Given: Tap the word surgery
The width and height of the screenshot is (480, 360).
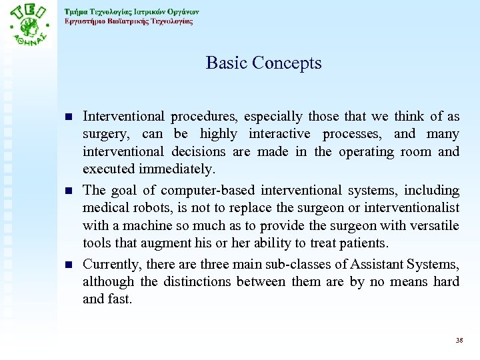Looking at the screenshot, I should coord(103,135).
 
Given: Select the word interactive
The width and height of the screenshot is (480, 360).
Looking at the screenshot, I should coord(273,135).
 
